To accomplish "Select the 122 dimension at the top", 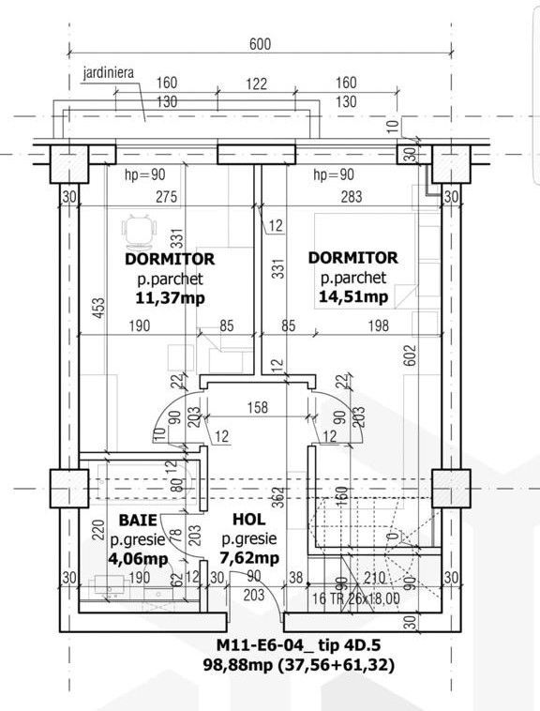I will tap(257, 83).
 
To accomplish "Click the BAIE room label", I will tap(138, 520).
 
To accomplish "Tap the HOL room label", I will tap(248, 520).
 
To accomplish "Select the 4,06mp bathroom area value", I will tap(138, 558).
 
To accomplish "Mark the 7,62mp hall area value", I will tap(248, 558).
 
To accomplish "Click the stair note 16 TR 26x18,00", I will tap(354, 596).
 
